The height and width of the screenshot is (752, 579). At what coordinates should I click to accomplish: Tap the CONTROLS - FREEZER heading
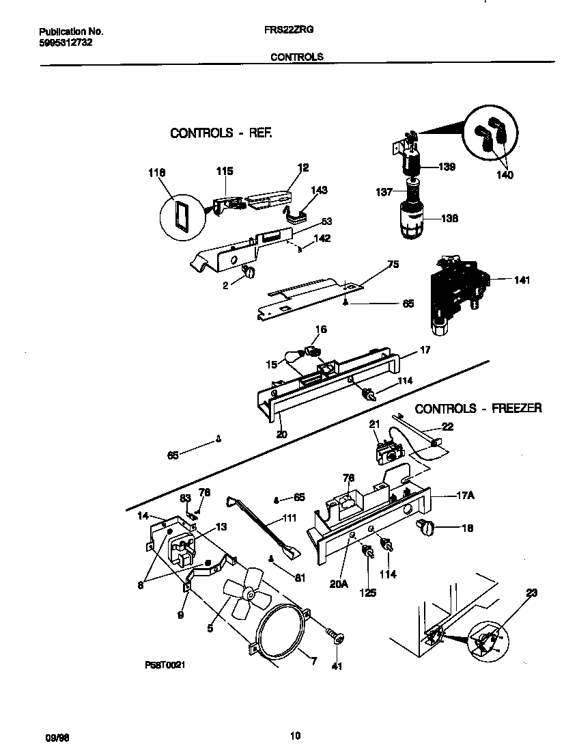coord(478,408)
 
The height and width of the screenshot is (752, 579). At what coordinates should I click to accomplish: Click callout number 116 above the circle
coord(157,174)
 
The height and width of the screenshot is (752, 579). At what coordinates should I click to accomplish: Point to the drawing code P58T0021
coord(165,664)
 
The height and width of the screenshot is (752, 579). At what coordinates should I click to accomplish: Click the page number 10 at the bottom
coord(295,736)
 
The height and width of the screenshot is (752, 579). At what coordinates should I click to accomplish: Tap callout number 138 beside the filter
coord(449,219)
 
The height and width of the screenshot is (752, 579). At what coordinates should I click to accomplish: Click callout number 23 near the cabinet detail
coord(531,593)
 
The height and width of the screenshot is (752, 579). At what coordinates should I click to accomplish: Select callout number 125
coord(368,593)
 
